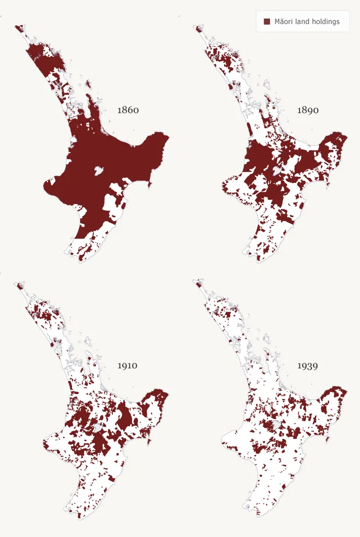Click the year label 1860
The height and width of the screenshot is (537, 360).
click(128, 110)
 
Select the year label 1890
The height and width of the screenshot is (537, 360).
click(308, 110)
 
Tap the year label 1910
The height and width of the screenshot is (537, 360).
click(128, 366)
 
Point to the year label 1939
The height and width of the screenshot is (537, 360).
click(308, 366)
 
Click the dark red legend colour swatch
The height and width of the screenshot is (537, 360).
click(267, 22)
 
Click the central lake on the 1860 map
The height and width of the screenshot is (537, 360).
click(99, 171)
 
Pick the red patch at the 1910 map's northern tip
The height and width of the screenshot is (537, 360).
click(20, 285)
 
